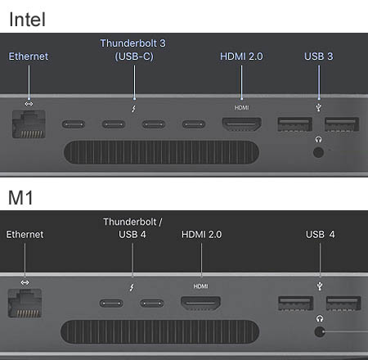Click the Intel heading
click(27, 20)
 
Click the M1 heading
click(20, 197)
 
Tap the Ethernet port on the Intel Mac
click(29, 124)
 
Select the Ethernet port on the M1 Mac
click(25, 303)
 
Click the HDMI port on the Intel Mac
click(242, 124)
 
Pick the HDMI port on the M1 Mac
click(201, 304)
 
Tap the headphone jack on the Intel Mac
click(318, 152)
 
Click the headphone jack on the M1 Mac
click(320, 331)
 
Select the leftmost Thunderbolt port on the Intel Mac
click(74, 124)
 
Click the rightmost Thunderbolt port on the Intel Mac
click(194, 124)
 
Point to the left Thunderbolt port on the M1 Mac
click(111, 304)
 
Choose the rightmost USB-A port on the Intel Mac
click(342, 124)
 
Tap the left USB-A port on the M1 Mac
click(296, 304)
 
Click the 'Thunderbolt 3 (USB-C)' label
click(133, 50)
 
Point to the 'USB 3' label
click(319, 56)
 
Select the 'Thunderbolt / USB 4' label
click(132, 228)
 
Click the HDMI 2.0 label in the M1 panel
click(202, 234)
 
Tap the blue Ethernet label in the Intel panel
click(29, 56)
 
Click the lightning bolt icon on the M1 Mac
click(132, 287)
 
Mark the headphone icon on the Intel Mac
click(318, 140)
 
